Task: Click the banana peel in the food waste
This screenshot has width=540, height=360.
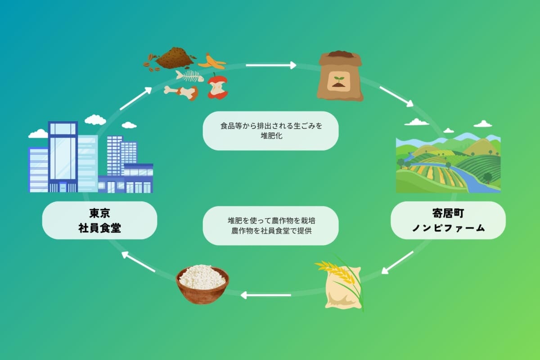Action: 211,62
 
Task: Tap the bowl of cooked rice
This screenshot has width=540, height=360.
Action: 202,284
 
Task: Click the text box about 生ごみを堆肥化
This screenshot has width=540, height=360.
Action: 270,130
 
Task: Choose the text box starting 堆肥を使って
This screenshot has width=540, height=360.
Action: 270,226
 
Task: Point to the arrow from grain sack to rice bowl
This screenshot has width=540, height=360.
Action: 265,295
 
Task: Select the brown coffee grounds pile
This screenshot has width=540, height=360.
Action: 175,58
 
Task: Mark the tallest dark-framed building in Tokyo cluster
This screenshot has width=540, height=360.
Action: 63,155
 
